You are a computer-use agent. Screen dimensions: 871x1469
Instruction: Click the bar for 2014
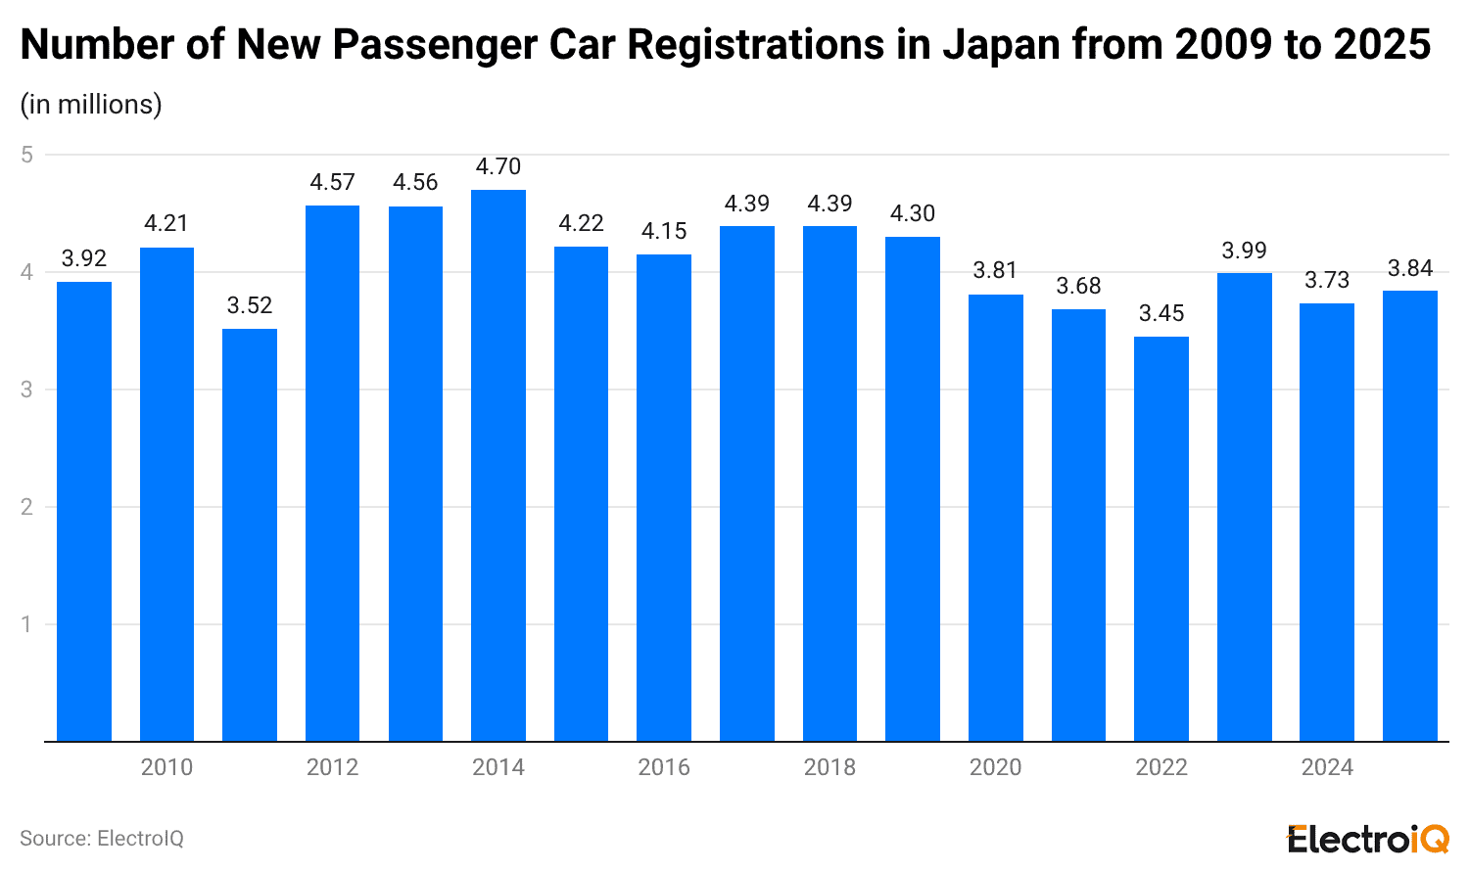[x=498, y=466]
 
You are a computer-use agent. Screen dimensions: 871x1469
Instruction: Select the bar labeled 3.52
[x=250, y=535]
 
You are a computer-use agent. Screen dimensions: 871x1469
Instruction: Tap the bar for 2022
[x=1161, y=539]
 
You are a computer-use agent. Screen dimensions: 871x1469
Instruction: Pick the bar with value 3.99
[x=1244, y=507]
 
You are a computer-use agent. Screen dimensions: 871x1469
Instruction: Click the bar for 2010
[x=166, y=494]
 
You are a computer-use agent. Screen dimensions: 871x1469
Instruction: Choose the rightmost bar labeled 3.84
[x=1409, y=516]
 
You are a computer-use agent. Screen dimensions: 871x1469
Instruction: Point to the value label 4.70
[x=498, y=167]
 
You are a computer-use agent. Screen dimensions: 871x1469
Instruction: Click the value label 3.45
[x=1161, y=314]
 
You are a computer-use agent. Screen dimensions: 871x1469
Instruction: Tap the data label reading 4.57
[x=333, y=183]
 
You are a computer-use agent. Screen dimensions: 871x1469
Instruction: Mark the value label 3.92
[x=84, y=259]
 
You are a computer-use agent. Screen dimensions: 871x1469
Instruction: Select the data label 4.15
[x=664, y=232]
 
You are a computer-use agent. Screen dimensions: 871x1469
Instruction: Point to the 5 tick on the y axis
[x=27, y=155]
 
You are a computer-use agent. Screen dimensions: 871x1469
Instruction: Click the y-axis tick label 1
[x=27, y=624]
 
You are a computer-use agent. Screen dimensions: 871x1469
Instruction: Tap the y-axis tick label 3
[x=27, y=390]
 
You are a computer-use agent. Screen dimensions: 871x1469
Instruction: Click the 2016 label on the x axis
[x=664, y=768]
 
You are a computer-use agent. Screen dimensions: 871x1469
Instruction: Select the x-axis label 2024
[x=1327, y=768]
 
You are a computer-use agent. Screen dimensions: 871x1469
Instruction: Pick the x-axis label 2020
[x=995, y=768]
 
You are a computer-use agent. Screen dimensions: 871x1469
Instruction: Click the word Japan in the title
[x=1002, y=45]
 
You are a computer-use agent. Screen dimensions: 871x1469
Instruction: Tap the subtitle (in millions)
[x=91, y=105]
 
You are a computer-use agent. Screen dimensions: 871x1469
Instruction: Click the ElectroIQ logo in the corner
[x=1367, y=839]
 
